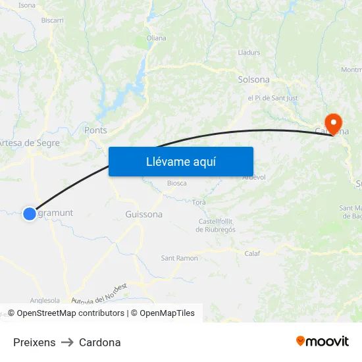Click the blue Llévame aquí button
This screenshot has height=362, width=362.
coord(180,161)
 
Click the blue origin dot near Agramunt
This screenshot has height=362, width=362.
coord(30,213)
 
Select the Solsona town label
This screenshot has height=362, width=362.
coord(253,80)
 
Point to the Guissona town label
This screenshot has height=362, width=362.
coord(143,214)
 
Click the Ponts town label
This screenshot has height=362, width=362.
coord(95,130)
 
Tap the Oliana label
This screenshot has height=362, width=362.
coord(156,38)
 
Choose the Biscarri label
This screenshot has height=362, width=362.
coord(53,20)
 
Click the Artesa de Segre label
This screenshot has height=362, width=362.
coord(29,143)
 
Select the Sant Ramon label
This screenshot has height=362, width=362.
coord(179,258)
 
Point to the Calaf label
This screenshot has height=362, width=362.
coord(252,253)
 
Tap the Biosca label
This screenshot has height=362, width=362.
coord(177,183)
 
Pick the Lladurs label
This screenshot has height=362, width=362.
coord(249,51)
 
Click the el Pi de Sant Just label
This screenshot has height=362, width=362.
coord(272,98)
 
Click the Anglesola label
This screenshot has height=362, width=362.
coord(45,299)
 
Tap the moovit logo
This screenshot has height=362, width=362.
coord(322,341)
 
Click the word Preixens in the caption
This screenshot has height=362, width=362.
coord(34,342)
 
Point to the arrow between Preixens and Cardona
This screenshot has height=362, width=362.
coord(67,342)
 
